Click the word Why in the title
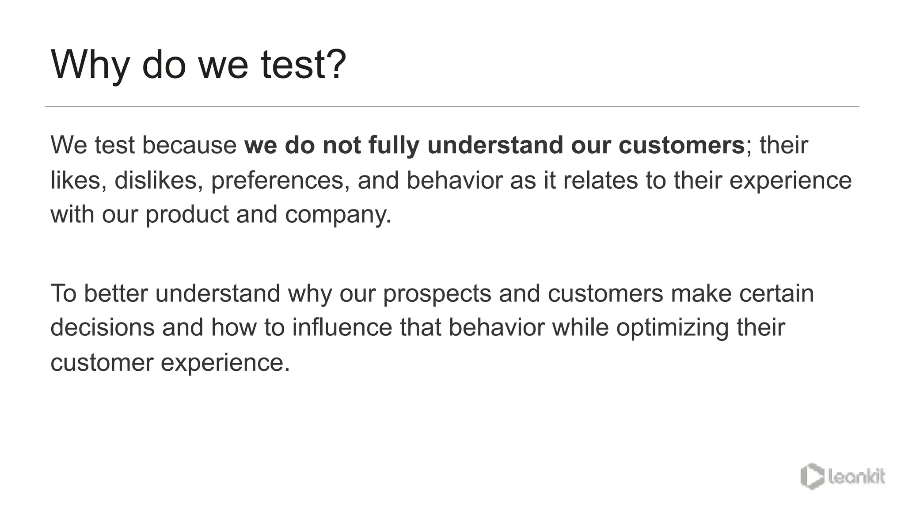90,65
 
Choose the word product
186,215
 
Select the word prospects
437,293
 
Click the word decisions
103,327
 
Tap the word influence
342,327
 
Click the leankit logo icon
812,476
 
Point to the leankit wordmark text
856,477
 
